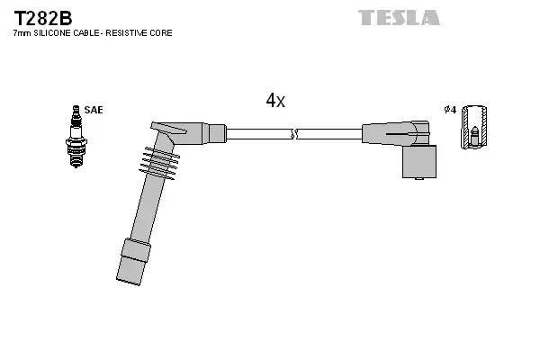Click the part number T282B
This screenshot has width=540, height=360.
(42, 17)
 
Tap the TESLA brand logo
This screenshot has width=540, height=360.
(399, 17)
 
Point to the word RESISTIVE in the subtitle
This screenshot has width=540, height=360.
(131, 33)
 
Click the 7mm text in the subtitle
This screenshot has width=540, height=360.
(21, 33)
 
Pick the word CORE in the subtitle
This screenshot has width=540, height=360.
(162, 33)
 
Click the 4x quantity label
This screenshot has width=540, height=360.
(275, 101)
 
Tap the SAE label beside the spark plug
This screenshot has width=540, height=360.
(94, 110)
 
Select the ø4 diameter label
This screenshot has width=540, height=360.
(450, 110)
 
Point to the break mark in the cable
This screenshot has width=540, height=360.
(292, 134)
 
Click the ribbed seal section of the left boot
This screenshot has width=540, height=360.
(160, 161)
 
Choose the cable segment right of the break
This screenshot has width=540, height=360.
(328, 134)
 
